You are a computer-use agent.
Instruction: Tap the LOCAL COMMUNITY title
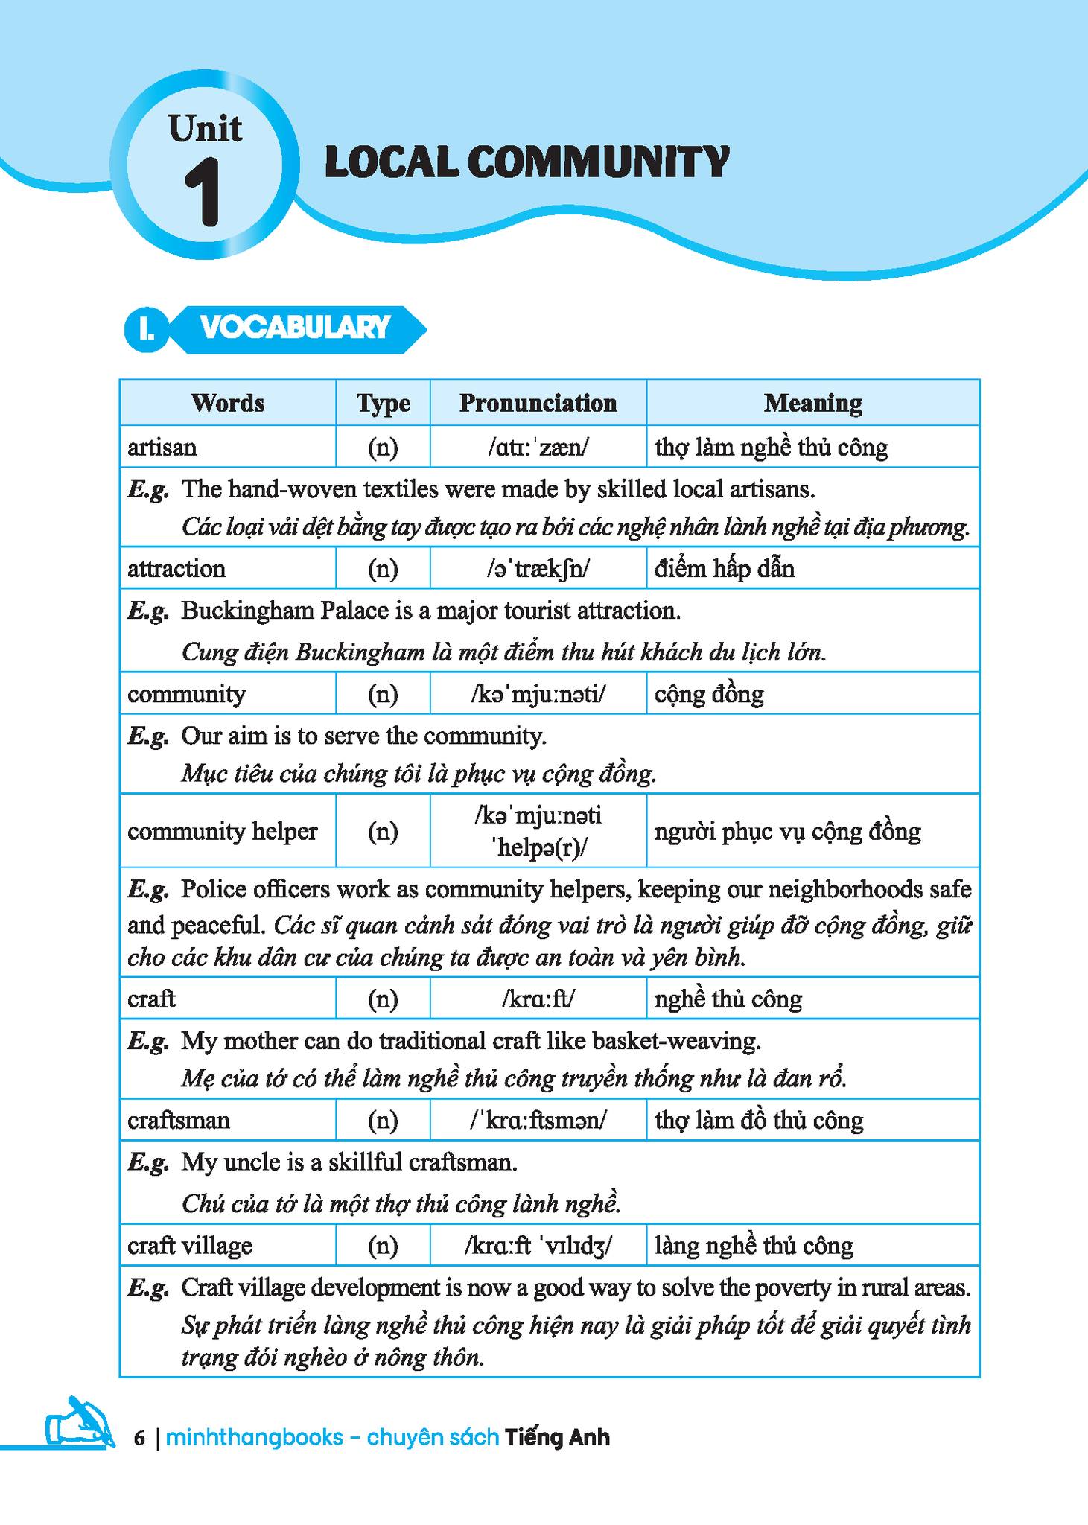[526, 162]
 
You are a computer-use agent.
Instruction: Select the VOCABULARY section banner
[295, 328]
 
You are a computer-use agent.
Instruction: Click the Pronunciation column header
[538, 403]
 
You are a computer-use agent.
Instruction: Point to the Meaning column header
[812, 403]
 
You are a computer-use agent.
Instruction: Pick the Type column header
[383, 403]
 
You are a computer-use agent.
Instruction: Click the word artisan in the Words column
[162, 447]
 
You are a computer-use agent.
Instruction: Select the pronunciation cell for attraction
[538, 569]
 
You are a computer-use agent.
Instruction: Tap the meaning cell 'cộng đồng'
[709, 694]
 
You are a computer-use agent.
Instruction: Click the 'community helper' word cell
[222, 831]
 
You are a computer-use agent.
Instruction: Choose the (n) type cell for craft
[383, 999]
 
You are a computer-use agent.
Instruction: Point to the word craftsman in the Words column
[179, 1120]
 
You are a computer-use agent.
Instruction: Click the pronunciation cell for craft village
[538, 1245]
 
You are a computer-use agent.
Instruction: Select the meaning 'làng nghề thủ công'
[754, 1245]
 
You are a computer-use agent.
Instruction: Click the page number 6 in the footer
[139, 1437]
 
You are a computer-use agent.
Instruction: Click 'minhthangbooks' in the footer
[254, 1437]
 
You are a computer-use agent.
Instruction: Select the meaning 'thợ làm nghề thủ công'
[771, 447]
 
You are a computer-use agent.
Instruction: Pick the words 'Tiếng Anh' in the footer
[557, 1437]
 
